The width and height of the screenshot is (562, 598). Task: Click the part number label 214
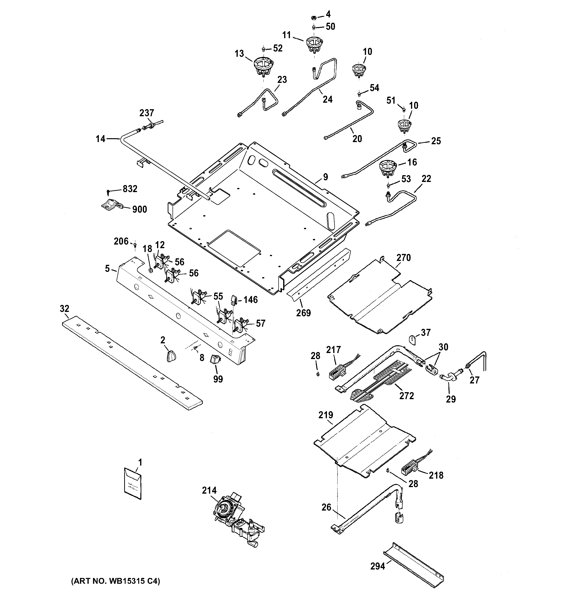click(209, 490)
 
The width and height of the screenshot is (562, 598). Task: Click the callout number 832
click(130, 189)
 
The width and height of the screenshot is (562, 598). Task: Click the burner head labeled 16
click(388, 168)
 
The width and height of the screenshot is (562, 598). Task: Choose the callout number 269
click(303, 313)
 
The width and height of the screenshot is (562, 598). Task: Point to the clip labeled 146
click(234, 300)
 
